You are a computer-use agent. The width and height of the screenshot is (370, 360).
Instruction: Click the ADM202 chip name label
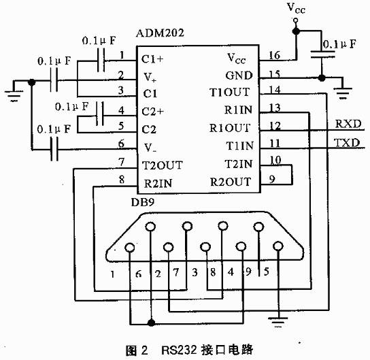coord(160,33)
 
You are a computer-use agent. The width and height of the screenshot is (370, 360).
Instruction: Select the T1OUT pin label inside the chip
coord(229,92)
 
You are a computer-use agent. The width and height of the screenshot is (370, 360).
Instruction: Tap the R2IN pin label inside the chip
coord(158,184)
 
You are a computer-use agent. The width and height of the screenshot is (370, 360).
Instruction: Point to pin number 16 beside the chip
coord(274,56)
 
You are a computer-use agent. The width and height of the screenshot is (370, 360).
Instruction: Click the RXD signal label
coord(348,124)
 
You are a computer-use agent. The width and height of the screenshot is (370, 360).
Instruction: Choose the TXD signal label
coord(347,143)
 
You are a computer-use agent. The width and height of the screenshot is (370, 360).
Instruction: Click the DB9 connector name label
coord(143,202)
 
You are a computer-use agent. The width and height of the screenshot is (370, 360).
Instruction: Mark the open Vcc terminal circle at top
coord(295,21)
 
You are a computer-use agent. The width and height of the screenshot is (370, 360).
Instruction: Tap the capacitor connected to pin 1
coord(101,60)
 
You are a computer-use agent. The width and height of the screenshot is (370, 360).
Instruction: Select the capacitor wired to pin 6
coord(54,149)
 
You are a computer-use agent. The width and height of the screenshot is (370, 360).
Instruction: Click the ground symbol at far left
coord(14,95)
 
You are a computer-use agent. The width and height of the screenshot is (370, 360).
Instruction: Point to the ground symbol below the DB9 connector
coord(278,321)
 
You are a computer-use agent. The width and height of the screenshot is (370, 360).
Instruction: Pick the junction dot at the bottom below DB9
coord(151,323)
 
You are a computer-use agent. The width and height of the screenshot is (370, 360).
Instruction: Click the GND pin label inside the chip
coord(239,76)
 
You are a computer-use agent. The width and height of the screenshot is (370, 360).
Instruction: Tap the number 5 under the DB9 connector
coord(267,272)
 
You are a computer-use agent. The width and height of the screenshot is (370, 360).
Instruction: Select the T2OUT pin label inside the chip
coord(163,165)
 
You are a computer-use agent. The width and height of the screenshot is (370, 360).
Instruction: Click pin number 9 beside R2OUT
coord(272,179)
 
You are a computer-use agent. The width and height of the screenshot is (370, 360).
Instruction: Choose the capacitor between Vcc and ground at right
coord(322,54)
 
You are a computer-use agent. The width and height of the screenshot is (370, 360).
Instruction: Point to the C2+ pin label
coord(152,111)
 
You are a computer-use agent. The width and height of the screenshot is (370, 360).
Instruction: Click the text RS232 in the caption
coord(179,350)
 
